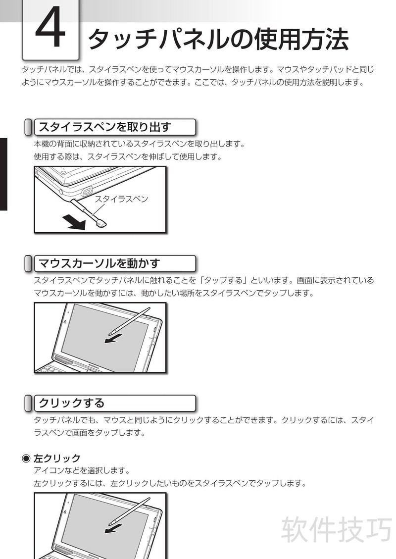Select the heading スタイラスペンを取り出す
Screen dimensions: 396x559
coord(105,127)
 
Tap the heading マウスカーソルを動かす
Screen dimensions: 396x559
coord(99,263)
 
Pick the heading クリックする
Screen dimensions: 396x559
coord(71,403)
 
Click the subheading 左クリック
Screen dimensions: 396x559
coord(57,458)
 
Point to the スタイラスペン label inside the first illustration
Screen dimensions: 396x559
coord(121,199)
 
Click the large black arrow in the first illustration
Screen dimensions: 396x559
coord(74,222)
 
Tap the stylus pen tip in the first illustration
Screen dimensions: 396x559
coord(101,224)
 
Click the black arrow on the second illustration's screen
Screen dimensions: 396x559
coord(113,338)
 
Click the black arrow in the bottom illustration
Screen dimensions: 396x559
coord(113,529)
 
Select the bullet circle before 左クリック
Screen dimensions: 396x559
coord(26,458)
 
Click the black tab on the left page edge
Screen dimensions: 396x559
coord(3,174)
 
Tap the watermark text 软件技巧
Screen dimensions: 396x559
coord(337,529)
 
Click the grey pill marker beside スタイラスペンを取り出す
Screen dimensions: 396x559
coord(28,127)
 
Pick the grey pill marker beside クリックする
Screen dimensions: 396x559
coord(28,403)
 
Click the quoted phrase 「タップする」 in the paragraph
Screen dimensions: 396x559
coord(222,280)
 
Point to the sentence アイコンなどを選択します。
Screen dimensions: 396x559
coord(82,470)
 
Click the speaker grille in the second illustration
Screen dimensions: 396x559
coord(63,359)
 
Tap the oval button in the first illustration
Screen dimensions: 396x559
coord(87,192)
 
